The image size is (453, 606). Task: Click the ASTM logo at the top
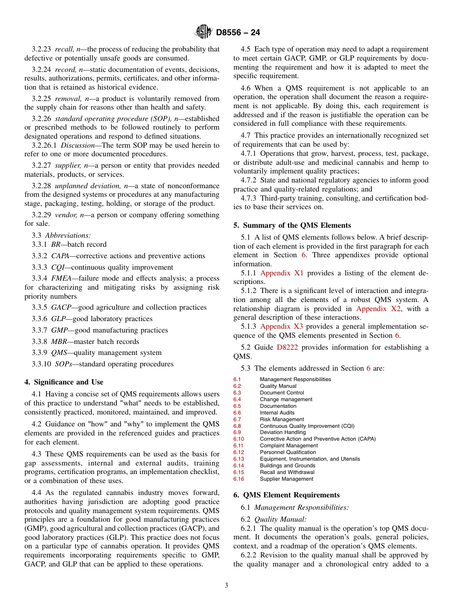(203, 32)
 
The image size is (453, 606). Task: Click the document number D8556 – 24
(238, 32)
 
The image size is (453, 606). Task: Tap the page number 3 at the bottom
(226, 585)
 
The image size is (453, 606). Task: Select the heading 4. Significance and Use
(63, 382)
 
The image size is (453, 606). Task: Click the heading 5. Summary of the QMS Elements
(292, 225)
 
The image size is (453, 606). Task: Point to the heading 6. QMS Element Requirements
(286, 495)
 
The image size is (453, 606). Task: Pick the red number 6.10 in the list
(238, 439)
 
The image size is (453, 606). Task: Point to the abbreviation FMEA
(62, 278)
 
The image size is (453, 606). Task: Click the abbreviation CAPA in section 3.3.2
(61, 256)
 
